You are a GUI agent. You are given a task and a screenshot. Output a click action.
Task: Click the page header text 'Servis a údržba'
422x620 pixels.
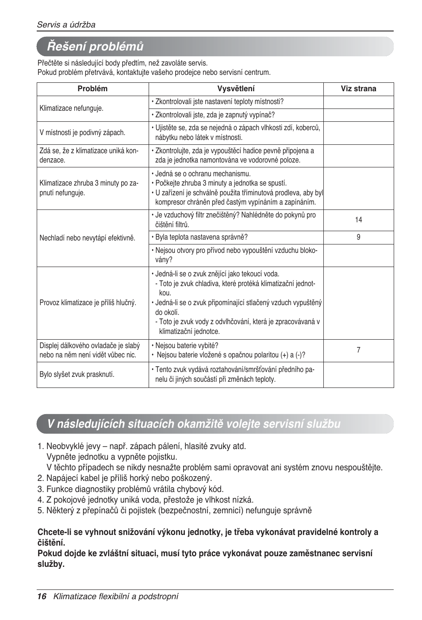click(x=66, y=25)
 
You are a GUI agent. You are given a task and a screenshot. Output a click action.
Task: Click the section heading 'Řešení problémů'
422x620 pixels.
click(x=96, y=46)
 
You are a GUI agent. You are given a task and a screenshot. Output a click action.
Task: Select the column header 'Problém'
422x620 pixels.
click(x=92, y=89)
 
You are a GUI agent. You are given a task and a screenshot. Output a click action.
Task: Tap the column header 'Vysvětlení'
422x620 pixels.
click(x=236, y=89)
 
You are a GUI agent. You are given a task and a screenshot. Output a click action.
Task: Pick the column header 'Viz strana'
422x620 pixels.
click(x=358, y=89)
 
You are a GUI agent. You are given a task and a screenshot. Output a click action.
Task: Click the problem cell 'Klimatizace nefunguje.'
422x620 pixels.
click(x=71, y=108)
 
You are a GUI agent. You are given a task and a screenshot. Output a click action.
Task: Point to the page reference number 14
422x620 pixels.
click(x=358, y=220)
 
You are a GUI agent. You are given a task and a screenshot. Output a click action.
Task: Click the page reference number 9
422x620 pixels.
click(x=358, y=237)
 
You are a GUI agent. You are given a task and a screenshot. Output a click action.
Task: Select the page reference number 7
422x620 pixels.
click(x=358, y=350)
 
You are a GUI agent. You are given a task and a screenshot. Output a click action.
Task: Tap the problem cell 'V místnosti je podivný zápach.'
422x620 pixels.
click(x=82, y=132)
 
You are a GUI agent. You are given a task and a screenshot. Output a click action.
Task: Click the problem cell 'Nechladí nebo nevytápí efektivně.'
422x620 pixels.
click(x=87, y=238)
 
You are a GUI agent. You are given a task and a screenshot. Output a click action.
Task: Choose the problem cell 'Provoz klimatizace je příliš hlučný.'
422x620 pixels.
click(x=88, y=302)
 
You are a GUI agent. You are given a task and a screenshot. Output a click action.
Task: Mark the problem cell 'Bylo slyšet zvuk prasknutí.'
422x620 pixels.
click(x=77, y=374)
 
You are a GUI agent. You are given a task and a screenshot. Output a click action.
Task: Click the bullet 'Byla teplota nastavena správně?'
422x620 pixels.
click(x=201, y=237)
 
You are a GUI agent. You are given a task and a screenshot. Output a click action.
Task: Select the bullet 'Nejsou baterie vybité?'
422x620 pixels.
click(x=186, y=345)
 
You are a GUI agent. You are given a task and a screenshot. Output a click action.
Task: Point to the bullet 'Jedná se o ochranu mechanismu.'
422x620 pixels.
click(x=203, y=174)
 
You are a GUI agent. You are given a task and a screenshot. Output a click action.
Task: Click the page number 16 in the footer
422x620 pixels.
click(x=42, y=597)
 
